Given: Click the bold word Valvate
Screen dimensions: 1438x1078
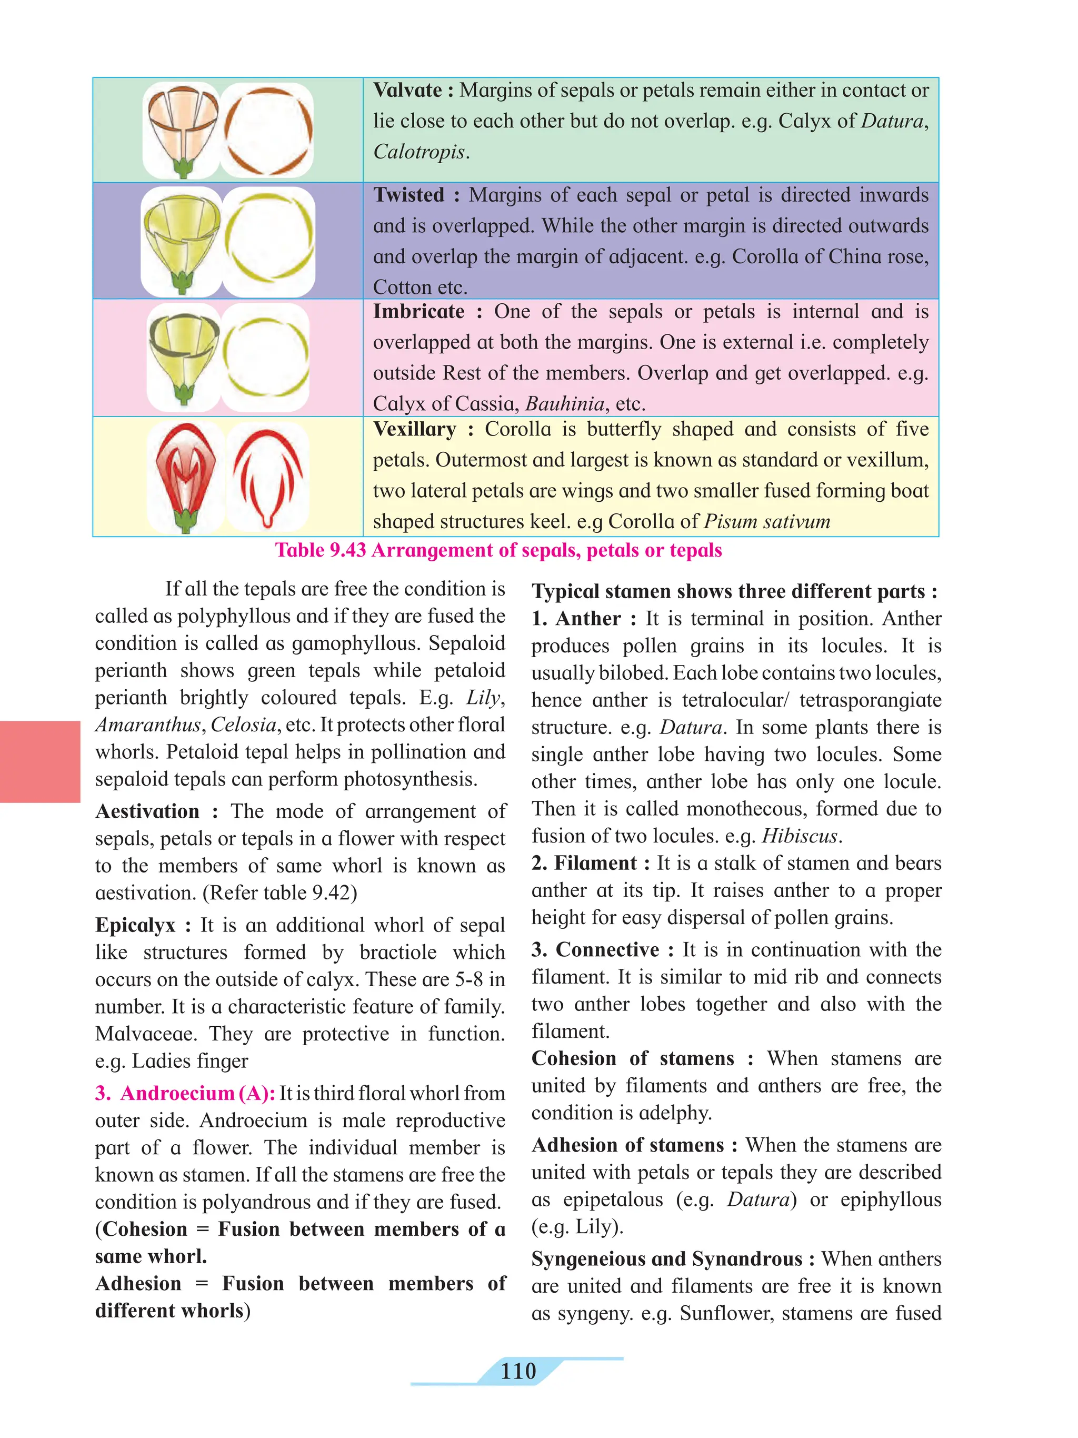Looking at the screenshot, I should [x=407, y=91].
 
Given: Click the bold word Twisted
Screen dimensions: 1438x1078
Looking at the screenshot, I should [x=408, y=195].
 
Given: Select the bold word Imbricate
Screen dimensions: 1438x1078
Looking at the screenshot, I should [x=418, y=311].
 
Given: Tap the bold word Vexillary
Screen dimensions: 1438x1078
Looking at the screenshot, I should [x=415, y=429].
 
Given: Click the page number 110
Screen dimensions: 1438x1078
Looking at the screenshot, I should [x=518, y=1371].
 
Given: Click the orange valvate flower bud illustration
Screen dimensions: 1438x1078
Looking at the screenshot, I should [x=181, y=130].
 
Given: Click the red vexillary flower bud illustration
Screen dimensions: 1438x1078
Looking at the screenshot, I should [x=185, y=477].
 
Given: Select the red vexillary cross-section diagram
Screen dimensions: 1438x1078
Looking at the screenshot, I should [x=267, y=477].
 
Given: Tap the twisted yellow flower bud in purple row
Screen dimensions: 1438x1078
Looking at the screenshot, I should [x=181, y=241].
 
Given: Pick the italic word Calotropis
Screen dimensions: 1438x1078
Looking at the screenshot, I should [x=419, y=152].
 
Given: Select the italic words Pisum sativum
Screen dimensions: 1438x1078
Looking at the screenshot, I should [x=767, y=521].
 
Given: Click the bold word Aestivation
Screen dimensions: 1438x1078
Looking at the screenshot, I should [x=147, y=811].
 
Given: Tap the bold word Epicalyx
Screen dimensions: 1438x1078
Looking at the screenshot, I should [x=135, y=925].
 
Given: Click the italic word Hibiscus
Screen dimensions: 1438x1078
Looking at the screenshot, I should [x=800, y=835].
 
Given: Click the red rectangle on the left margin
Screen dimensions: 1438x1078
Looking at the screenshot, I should [x=39, y=761].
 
